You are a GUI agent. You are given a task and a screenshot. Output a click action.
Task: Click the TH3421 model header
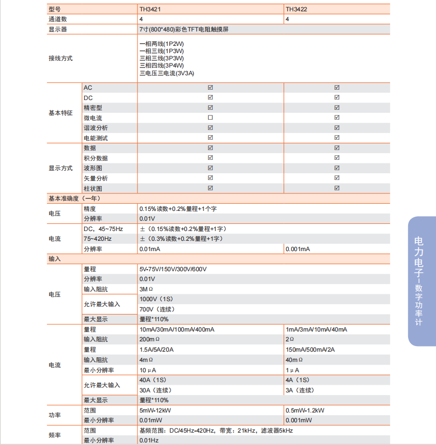click(x=149, y=9)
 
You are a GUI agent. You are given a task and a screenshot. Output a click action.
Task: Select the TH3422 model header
click(x=295, y=9)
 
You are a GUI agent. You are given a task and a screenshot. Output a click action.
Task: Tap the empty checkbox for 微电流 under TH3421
click(x=210, y=118)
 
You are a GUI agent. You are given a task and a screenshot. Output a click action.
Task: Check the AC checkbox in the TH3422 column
click(x=337, y=88)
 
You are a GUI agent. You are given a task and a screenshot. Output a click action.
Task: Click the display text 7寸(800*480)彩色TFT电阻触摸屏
click(x=184, y=29)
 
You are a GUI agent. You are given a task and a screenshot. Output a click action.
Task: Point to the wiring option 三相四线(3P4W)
click(x=162, y=65)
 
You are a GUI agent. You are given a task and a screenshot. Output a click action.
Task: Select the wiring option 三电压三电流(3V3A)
click(x=167, y=73)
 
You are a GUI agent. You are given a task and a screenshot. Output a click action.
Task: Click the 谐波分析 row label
click(x=96, y=128)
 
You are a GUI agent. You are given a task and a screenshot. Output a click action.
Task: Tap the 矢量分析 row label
click(x=96, y=178)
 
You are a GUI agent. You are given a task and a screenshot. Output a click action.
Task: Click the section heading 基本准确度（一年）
click(x=74, y=198)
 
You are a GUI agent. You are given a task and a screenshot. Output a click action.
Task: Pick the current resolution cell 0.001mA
click(x=298, y=249)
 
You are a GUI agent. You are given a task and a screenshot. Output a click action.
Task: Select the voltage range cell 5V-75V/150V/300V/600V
click(x=173, y=269)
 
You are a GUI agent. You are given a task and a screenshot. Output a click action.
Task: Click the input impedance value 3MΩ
click(x=147, y=289)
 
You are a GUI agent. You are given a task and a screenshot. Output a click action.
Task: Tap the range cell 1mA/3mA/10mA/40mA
click(x=316, y=329)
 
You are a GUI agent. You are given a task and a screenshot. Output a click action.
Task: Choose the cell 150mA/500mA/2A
click(x=310, y=350)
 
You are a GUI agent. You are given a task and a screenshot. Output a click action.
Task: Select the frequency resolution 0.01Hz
click(x=149, y=440)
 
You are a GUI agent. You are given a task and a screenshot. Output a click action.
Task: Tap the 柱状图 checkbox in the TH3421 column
click(x=210, y=188)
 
